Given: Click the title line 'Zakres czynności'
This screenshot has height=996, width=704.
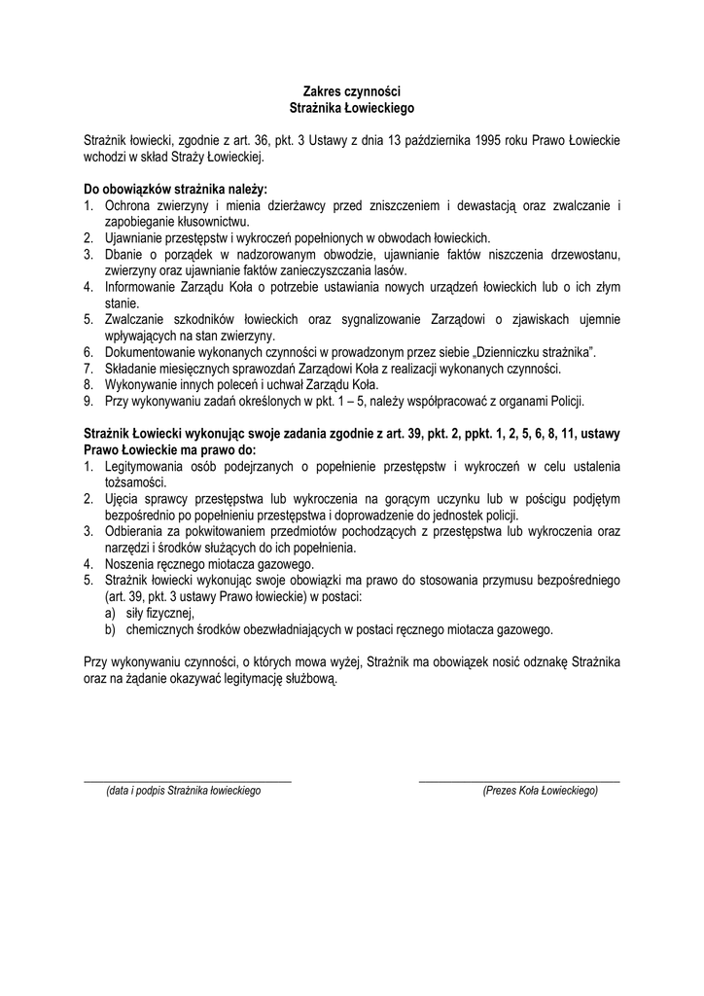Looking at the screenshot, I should tap(352, 90).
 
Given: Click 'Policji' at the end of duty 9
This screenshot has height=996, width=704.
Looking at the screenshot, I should tap(565, 402).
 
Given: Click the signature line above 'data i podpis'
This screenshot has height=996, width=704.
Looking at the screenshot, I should tap(188, 781).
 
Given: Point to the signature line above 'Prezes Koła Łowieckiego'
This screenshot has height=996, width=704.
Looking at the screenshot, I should tap(518, 781).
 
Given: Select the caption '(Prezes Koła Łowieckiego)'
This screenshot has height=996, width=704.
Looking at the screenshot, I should tap(540, 792).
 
